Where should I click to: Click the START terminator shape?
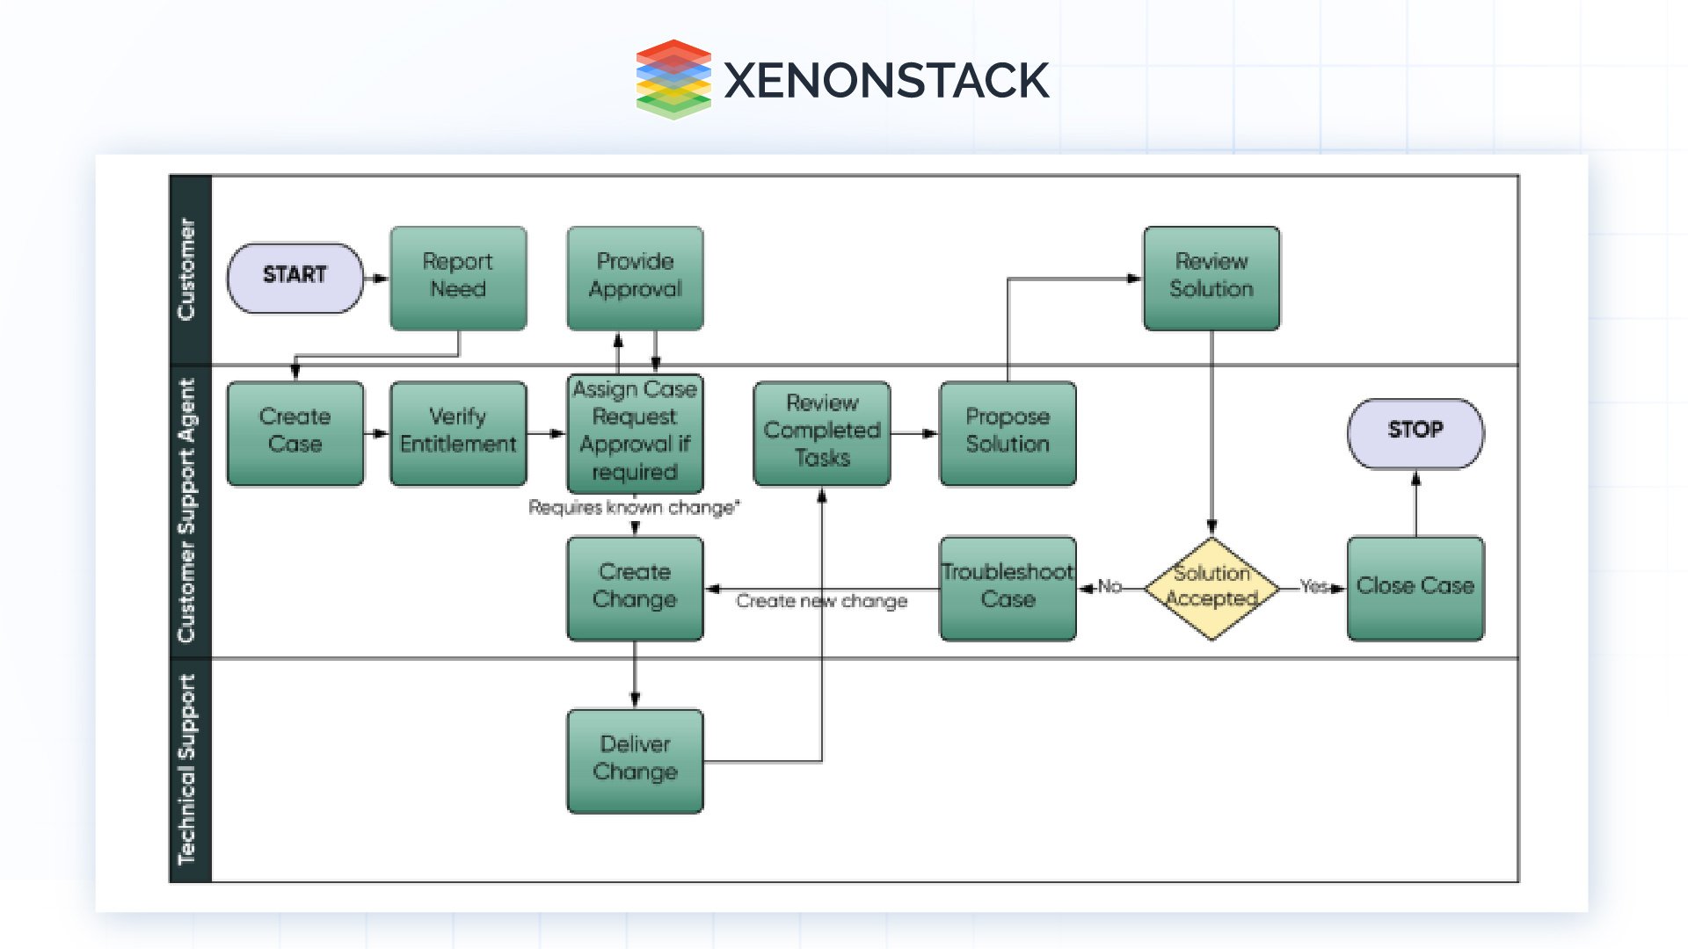295,278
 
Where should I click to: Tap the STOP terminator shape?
1415,432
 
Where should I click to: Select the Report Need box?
458,278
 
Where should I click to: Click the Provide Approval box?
635,278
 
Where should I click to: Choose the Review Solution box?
1211,278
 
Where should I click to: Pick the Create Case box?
295,432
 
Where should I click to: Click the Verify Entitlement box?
458,432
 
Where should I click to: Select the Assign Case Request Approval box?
635,432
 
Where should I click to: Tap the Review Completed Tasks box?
822,432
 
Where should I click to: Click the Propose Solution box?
1008,432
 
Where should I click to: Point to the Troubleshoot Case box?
1008,587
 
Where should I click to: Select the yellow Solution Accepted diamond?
1211,587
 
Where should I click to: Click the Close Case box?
1415,587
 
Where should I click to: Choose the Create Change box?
635,587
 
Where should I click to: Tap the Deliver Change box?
635,760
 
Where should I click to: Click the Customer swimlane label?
187,269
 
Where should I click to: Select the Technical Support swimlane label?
187,769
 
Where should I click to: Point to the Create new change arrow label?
821,601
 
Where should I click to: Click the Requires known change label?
634,508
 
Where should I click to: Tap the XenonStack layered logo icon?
673,79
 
